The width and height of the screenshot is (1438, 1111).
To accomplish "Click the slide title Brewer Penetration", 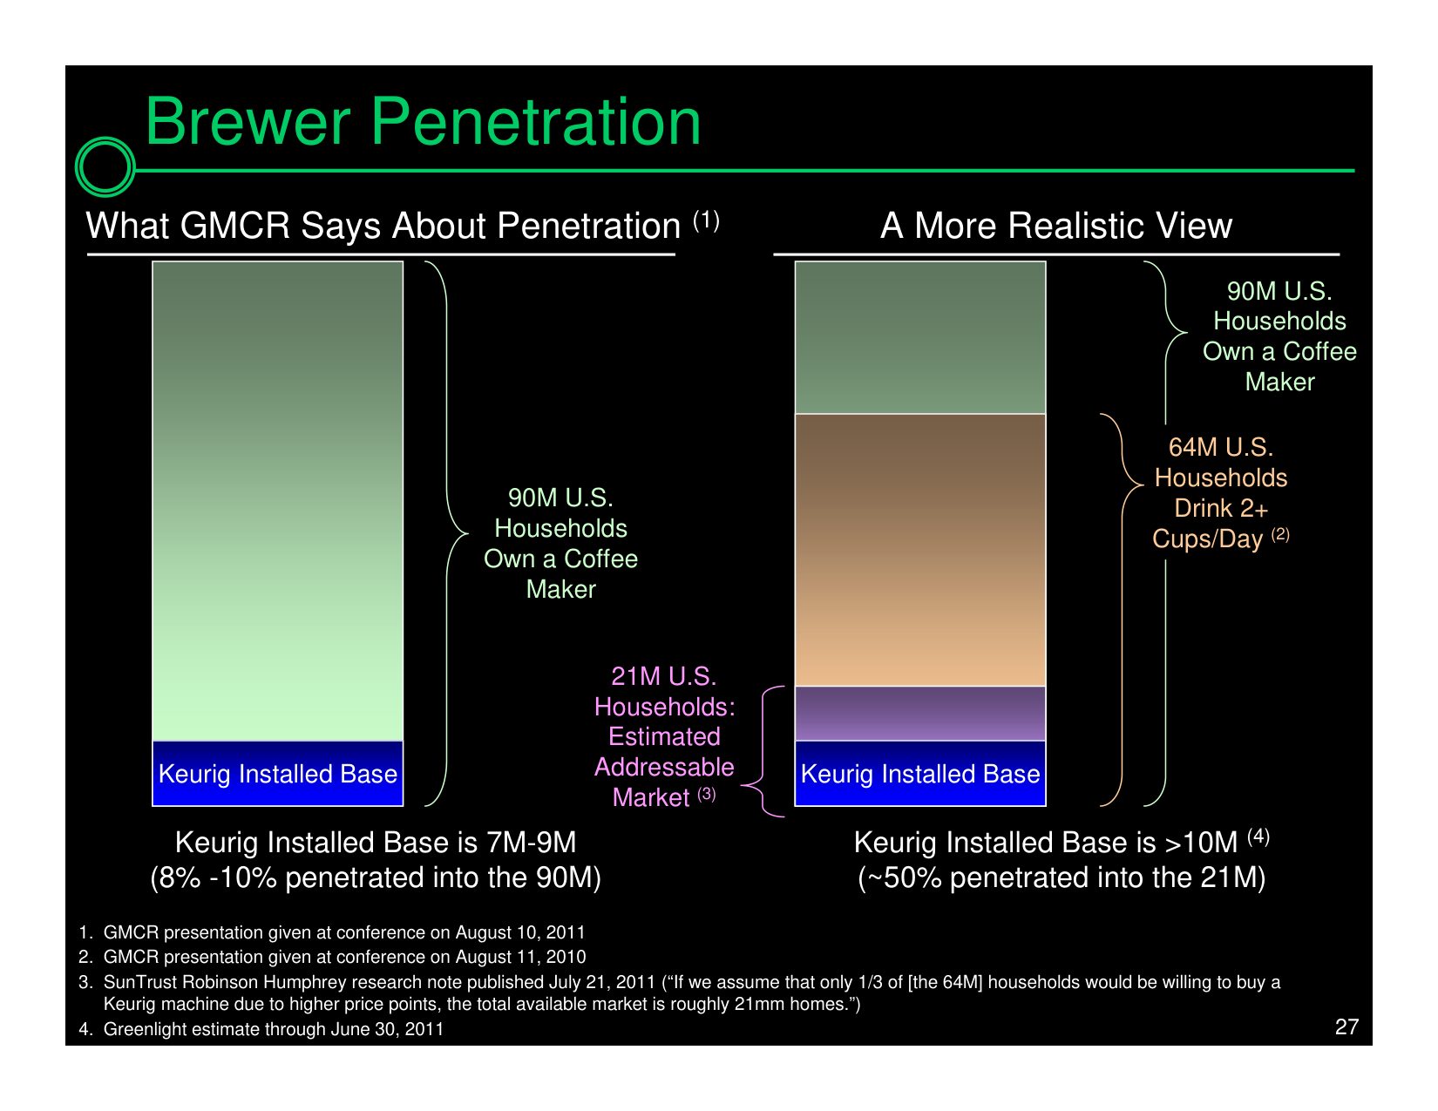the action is coord(423,122).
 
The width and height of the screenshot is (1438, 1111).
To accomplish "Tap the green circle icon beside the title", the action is coord(105,166).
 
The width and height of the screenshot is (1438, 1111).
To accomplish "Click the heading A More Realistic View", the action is coord(1056,226).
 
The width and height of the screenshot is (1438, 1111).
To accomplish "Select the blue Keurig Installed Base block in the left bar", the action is coord(278,773).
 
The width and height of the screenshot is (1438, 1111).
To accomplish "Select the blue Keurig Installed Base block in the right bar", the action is coord(919,773).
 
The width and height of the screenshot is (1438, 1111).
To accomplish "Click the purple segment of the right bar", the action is coord(919,714).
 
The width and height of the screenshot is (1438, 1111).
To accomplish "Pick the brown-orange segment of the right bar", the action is coord(919,550).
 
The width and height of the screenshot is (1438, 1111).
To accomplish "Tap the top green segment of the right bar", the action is coord(919,337).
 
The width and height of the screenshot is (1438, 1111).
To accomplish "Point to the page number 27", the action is coord(1346,1026).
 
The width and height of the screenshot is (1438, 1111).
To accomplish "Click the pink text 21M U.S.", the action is coord(664,676).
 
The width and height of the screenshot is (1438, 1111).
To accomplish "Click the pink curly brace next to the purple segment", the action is coord(763,752).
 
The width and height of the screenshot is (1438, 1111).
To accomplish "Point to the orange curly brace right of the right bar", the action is coord(1123,609).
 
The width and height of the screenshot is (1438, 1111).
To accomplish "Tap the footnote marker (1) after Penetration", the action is coord(706,220).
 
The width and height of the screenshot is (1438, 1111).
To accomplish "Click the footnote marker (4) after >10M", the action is coord(1258,837).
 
